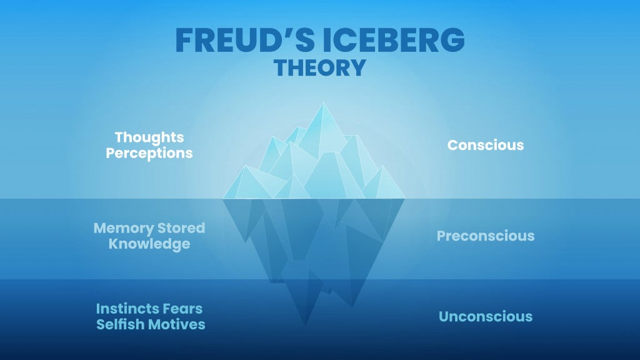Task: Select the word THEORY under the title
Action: (320, 67)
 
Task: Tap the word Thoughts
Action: (149, 137)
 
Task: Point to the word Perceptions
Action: (149, 152)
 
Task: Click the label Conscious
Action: (486, 145)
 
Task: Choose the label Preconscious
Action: (486, 236)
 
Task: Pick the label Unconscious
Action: (486, 316)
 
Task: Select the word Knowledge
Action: (149, 244)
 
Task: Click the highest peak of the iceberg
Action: (323, 103)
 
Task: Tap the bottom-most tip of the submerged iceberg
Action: (306, 325)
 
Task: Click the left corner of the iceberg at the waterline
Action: (224, 198)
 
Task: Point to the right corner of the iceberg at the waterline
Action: (404, 198)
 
